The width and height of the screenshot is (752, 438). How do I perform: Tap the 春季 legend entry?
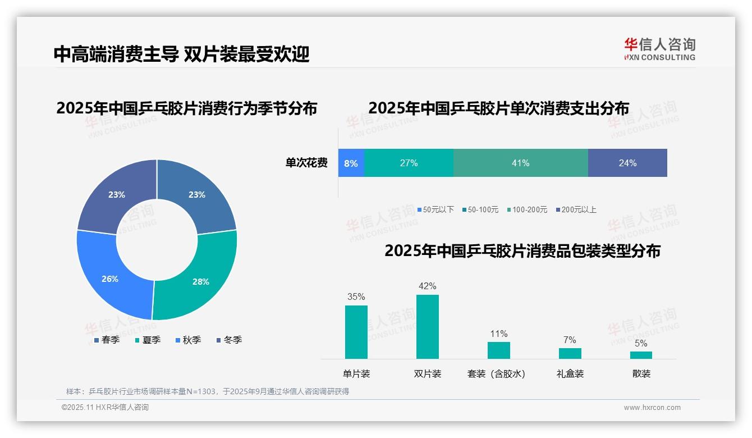[x=107, y=340]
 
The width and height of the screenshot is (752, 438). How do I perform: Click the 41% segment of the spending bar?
[x=520, y=163]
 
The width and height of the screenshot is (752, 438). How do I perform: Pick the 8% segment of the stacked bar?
[x=351, y=163]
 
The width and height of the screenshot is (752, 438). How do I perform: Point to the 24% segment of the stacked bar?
[x=627, y=163]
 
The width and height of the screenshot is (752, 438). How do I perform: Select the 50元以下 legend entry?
[x=435, y=209]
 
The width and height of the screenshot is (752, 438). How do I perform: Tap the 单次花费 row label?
[x=306, y=163]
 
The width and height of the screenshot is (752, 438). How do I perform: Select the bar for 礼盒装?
[x=570, y=353]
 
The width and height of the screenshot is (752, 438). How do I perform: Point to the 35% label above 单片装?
[x=356, y=296]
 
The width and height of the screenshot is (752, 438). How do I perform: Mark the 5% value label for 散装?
[x=641, y=343]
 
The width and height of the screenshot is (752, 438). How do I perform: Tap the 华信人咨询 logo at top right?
[x=659, y=49]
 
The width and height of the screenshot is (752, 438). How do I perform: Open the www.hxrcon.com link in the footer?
[x=652, y=408]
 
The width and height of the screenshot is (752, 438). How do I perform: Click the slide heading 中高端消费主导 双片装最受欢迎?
[x=181, y=54]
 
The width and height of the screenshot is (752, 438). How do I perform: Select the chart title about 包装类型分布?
[x=522, y=251]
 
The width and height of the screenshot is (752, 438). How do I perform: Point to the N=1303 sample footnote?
[x=208, y=391]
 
